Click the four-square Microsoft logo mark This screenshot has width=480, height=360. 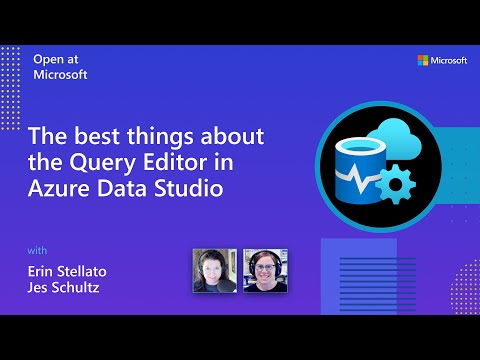click(422, 61)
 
